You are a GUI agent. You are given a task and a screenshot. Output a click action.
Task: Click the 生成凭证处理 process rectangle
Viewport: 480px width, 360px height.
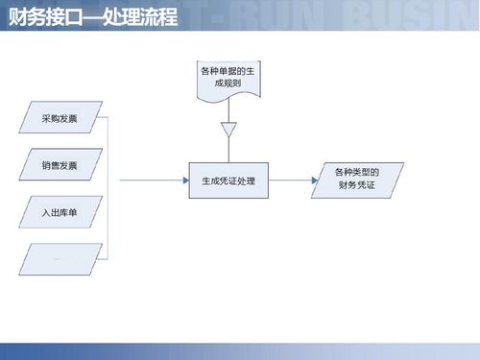pyautogui.click(x=228, y=180)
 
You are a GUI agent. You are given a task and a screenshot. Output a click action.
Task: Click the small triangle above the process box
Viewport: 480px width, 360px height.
pyautogui.click(x=228, y=129)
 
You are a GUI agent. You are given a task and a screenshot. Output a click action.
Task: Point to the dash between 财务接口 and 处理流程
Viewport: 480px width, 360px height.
pyautogui.click(x=85, y=16)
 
